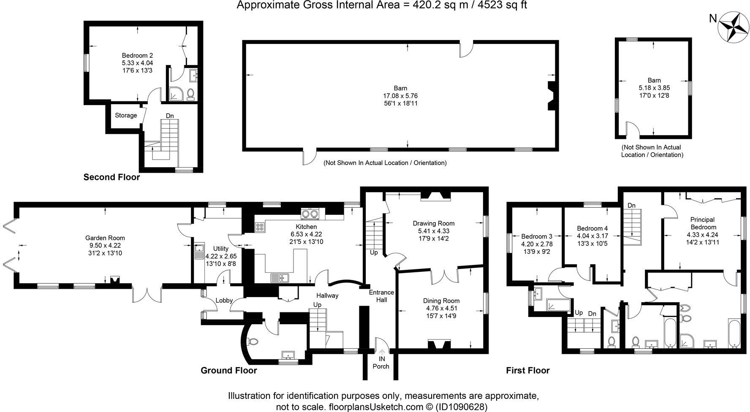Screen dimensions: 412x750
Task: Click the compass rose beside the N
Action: (734, 27)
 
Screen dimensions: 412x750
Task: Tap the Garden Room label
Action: (105, 238)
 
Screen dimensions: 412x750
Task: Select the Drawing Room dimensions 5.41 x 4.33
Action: (433, 231)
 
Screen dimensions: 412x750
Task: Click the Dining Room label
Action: (441, 301)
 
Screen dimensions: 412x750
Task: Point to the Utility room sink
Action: (199, 252)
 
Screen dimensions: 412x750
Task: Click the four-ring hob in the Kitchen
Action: (259, 227)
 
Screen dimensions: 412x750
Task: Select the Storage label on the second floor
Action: (126, 115)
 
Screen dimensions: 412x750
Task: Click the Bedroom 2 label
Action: (137, 55)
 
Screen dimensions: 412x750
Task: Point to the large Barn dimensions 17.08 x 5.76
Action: (400, 96)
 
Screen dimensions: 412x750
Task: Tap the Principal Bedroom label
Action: (702, 223)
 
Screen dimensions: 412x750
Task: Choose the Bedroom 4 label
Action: (592, 228)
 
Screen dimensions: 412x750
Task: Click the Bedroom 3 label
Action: (537, 236)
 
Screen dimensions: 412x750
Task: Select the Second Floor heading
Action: (111, 177)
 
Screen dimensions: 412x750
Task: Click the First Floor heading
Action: (528, 371)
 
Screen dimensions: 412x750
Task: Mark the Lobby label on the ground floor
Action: (224, 301)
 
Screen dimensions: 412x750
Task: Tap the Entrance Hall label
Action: (381, 296)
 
